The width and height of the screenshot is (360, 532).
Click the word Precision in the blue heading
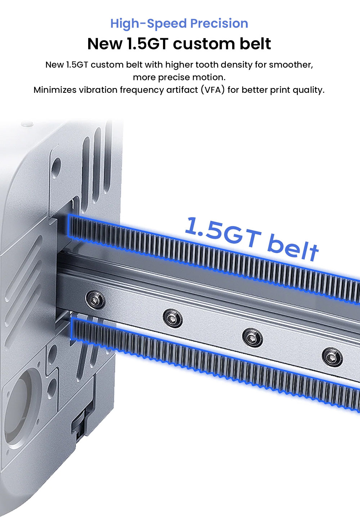pyautogui.click(x=219, y=23)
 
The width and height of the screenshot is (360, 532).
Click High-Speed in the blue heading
pyautogui.click(x=149, y=23)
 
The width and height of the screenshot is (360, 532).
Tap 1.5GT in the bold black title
pyautogui.click(x=147, y=44)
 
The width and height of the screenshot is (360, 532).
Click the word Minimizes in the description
pyautogui.click(x=55, y=90)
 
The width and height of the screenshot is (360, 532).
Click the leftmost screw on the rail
pyautogui.click(x=95, y=299)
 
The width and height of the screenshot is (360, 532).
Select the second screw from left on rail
pyautogui.click(x=172, y=318)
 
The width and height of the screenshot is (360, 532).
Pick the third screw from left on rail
pyautogui.click(x=252, y=337)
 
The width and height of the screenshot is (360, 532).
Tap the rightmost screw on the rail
pyautogui.click(x=332, y=356)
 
